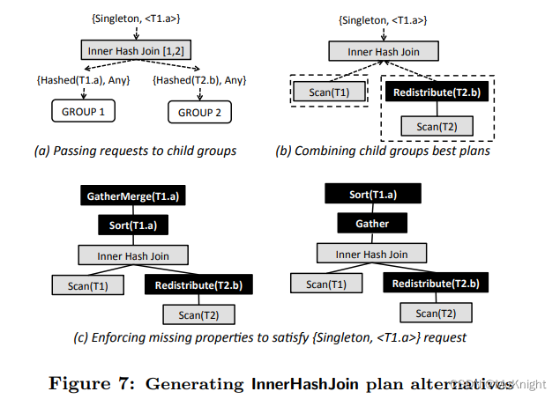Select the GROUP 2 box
(x=201, y=114)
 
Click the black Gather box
(x=371, y=224)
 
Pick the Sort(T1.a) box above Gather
(x=371, y=194)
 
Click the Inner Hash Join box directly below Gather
(x=371, y=255)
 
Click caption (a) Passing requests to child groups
(x=135, y=151)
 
